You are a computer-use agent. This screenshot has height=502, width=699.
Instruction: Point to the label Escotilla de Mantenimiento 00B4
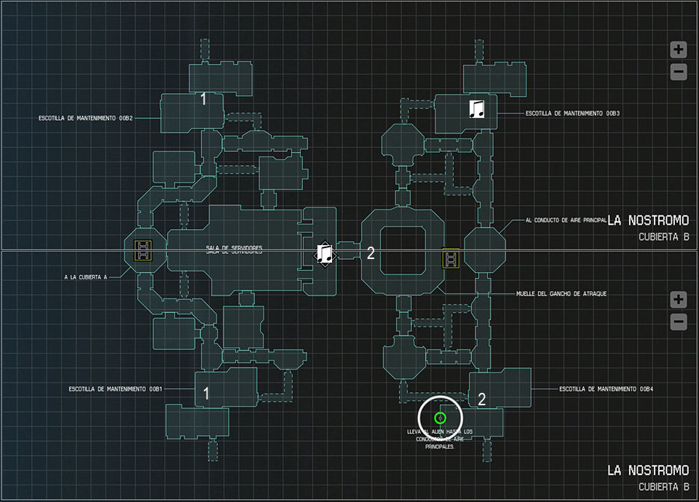coord(607,389)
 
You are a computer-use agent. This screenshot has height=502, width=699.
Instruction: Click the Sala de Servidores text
coord(234,250)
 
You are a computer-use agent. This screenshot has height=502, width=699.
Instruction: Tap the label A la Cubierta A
coord(85,276)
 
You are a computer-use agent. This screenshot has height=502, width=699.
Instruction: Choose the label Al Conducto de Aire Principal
coord(566,220)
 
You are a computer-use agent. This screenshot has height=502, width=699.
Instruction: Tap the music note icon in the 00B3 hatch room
coord(477,109)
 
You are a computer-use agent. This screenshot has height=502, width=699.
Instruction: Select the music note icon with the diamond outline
coord(325,253)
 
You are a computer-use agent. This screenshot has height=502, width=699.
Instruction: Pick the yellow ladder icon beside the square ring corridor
coord(451,258)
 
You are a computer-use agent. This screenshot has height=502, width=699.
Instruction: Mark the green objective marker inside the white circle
coord(440,418)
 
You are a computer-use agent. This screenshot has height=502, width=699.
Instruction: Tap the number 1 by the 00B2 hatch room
coord(204,99)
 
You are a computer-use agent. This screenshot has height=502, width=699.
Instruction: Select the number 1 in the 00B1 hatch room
coord(206,394)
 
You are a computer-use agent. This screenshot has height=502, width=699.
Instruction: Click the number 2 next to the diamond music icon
coord(371,253)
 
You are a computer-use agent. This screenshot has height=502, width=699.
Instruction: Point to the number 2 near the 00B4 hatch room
coord(481,398)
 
